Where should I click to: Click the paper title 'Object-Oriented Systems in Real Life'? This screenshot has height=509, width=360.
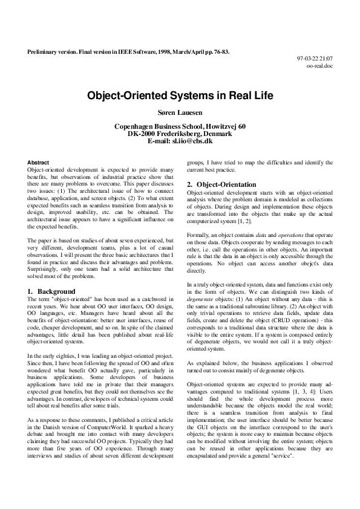(180, 96)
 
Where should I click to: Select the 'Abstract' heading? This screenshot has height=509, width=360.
(39, 163)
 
